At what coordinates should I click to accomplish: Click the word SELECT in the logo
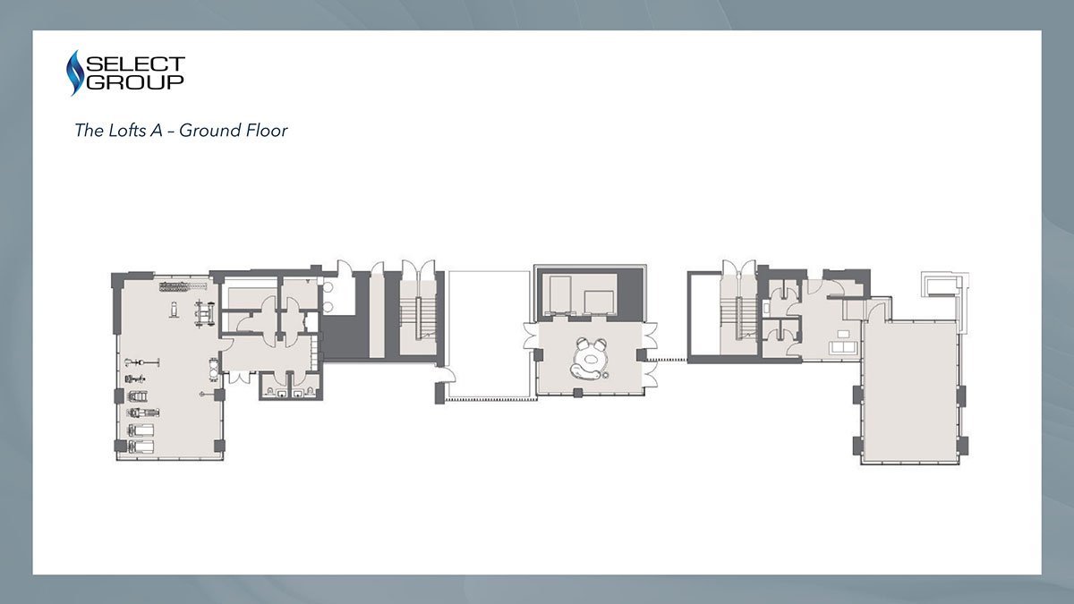click(135, 64)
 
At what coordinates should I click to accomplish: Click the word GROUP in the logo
click(135, 82)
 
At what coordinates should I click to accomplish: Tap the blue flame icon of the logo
click(74, 72)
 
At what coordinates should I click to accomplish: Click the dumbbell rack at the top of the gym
click(183, 286)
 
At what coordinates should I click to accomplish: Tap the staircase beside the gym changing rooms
click(418, 319)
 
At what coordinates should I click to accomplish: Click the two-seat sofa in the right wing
click(844, 348)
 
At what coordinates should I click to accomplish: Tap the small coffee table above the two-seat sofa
click(843, 334)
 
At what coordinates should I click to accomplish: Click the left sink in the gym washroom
click(282, 394)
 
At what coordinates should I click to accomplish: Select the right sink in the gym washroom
click(298, 394)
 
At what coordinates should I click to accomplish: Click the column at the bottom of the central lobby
click(578, 393)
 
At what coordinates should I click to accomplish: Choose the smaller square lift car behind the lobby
click(599, 302)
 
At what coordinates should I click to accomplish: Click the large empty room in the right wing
click(910, 391)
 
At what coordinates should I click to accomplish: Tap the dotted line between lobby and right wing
click(667, 359)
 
